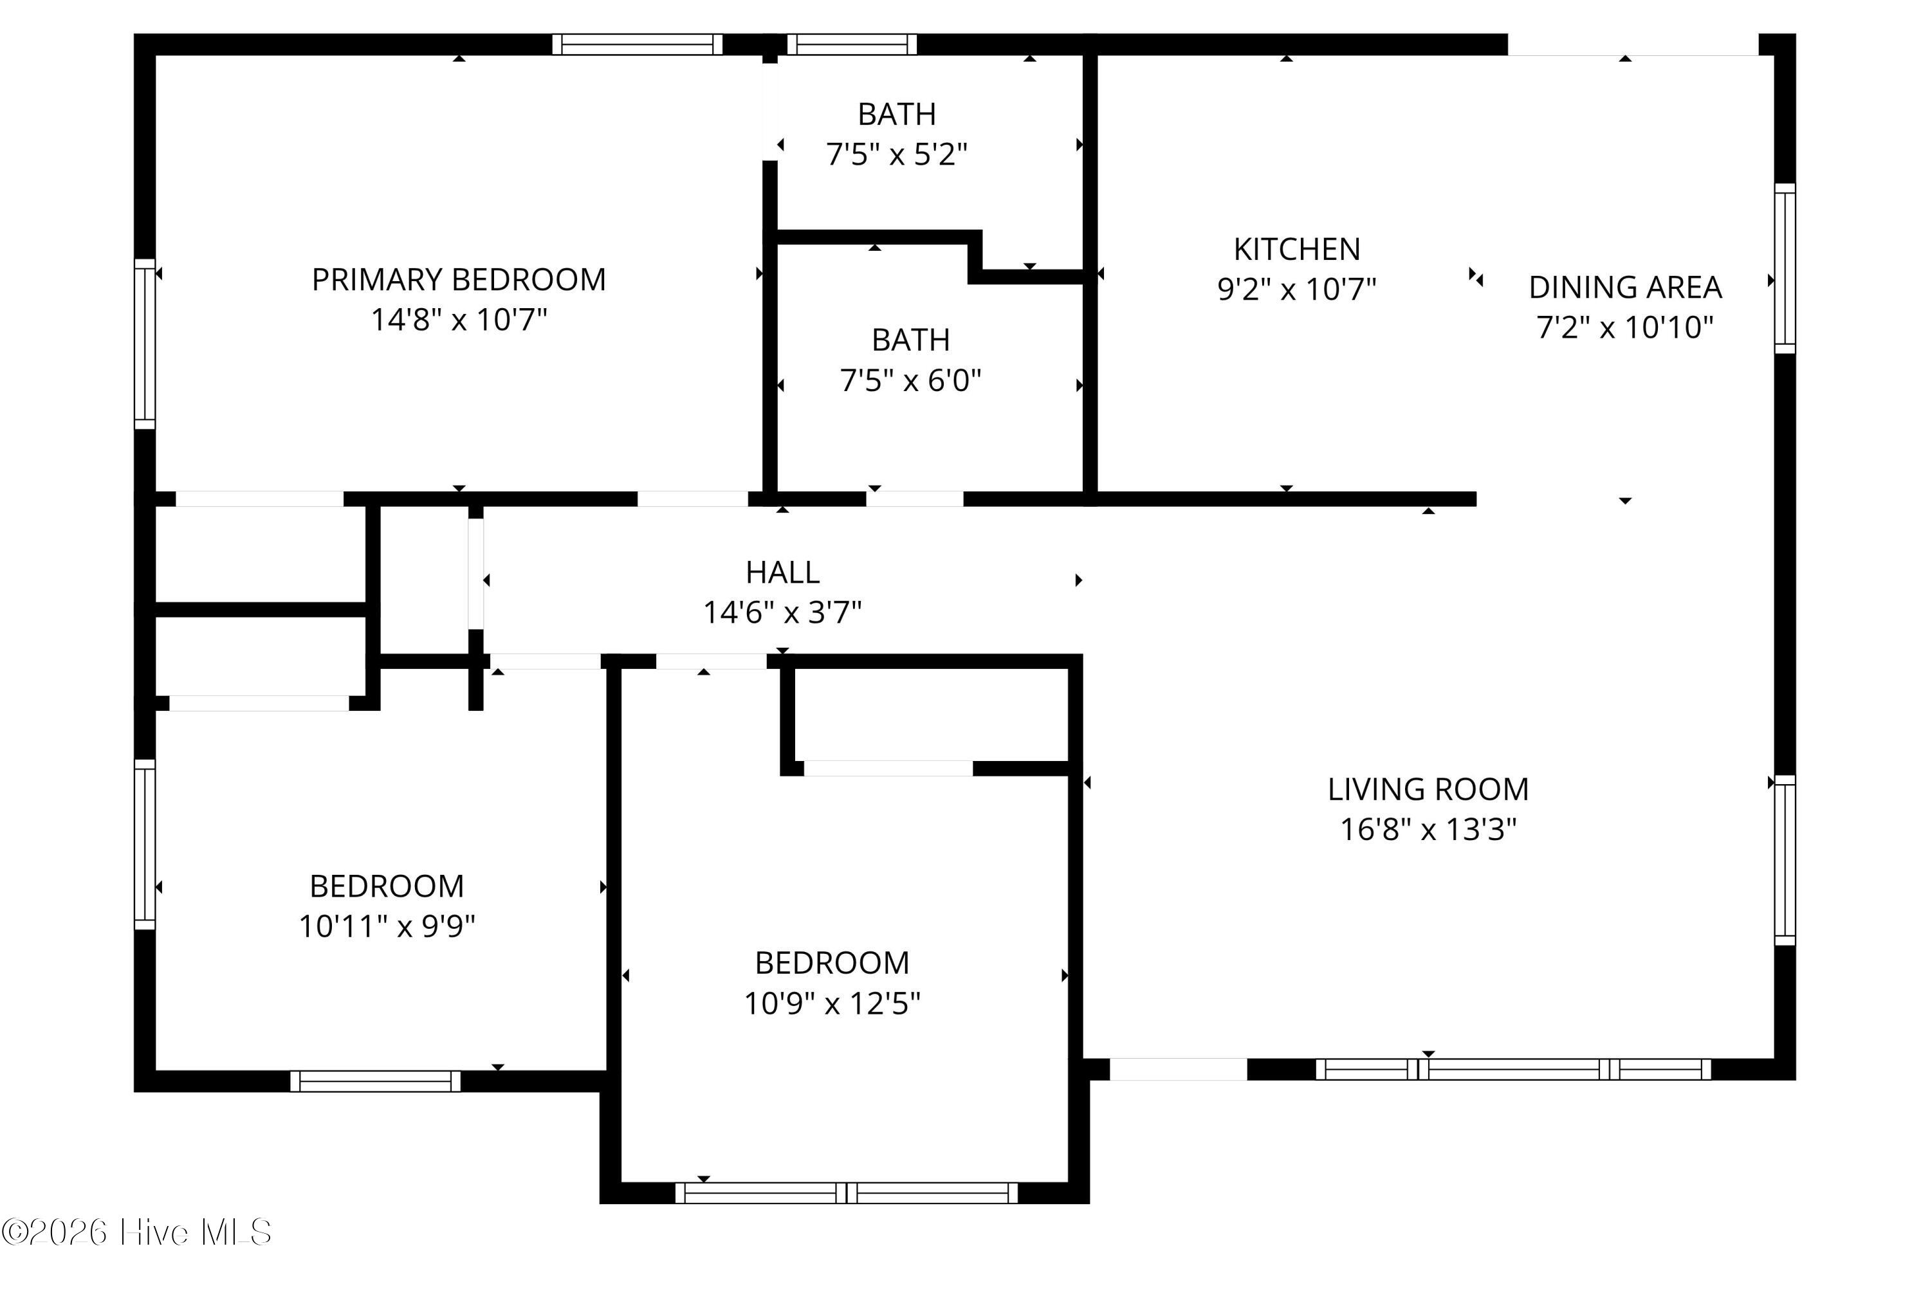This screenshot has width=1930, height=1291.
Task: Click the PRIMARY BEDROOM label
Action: [459, 280]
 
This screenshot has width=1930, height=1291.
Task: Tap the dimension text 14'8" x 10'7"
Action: [459, 320]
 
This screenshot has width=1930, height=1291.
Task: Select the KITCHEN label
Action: [1296, 250]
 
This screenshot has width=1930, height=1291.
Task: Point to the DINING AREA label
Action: [1624, 288]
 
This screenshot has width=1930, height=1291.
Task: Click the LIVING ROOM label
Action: [1428, 789]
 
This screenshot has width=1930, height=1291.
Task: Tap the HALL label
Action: [782, 572]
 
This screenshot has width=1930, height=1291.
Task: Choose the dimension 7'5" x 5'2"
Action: [897, 154]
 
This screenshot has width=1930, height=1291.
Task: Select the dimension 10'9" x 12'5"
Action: [832, 1003]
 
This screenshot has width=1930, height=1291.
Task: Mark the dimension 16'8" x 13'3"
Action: [1428, 829]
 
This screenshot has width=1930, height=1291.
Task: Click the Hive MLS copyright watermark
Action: [136, 1232]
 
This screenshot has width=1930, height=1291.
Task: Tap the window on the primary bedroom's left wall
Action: [145, 344]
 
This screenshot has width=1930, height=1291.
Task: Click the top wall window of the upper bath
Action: [851, 44]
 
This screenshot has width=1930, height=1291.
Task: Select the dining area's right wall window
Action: [1784, 268]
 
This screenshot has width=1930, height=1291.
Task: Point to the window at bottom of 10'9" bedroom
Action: [847, 1193]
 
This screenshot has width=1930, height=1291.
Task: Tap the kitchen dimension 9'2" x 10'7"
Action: [1296, 289]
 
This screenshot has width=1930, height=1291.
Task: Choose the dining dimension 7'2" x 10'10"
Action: [1624, 327]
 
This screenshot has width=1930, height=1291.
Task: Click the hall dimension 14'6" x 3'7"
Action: [782, 612]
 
